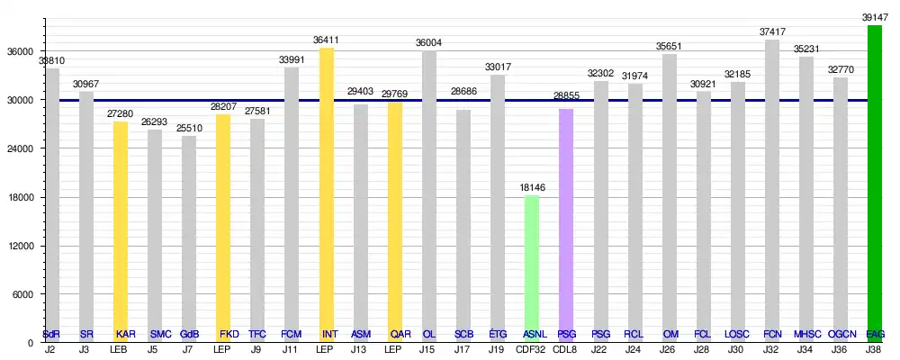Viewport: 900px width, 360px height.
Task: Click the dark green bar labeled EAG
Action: click(x=875, y=180)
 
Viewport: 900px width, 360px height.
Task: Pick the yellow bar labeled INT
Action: click(x=327, y=189)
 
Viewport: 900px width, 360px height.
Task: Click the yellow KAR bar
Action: click(x=121, y=225)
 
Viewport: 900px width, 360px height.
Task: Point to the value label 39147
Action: click(x=875, y=17)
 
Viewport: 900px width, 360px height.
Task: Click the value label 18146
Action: click(x=532, y=187)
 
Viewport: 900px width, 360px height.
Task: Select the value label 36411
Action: click(x=327, y=40)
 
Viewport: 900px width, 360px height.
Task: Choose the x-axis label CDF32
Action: click(x=532, y=349)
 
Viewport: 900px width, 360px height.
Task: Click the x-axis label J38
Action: click(x=875, y=349)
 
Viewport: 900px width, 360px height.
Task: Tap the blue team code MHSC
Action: click(x=806, y=335)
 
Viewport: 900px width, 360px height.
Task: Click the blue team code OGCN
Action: click(x=841, y=335)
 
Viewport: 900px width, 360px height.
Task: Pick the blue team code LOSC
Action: click(x=737, y=335)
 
